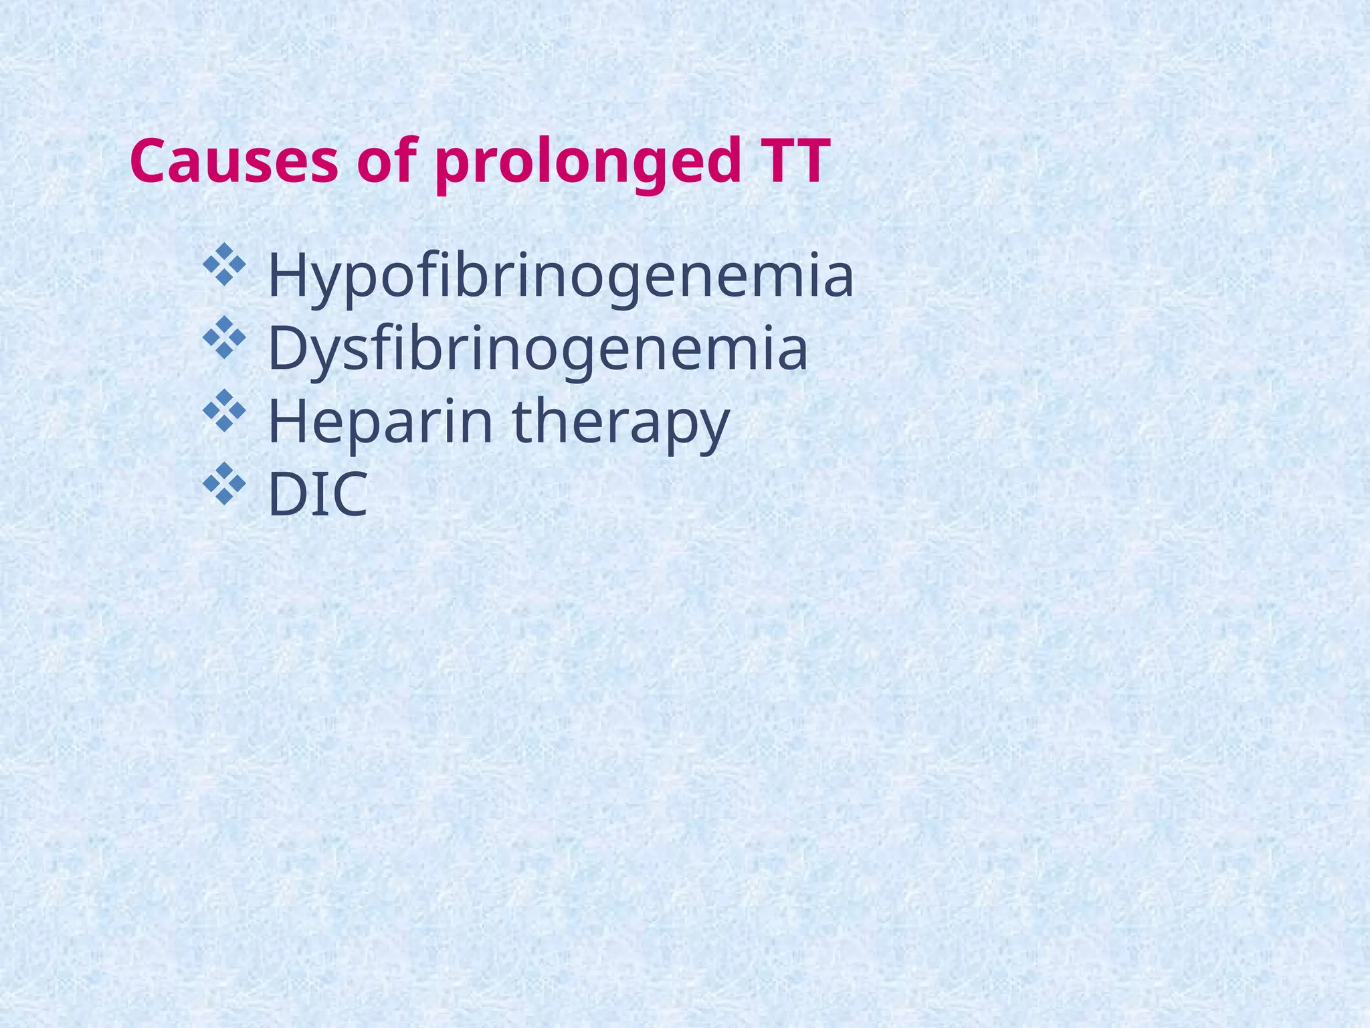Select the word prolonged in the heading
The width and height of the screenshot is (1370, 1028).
[x=588, y=164]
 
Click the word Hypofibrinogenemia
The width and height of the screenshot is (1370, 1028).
[x=561, y=276]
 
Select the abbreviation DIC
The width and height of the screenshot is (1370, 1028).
[x=318, y=495]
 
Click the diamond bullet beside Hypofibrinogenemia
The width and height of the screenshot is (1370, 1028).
[x=224, y=264]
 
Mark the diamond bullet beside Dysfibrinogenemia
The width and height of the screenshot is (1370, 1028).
[x=224, y=337]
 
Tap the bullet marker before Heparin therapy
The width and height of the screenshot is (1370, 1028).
[x=224, y=410]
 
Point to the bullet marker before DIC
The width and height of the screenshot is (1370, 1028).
[x=224, y=483]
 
